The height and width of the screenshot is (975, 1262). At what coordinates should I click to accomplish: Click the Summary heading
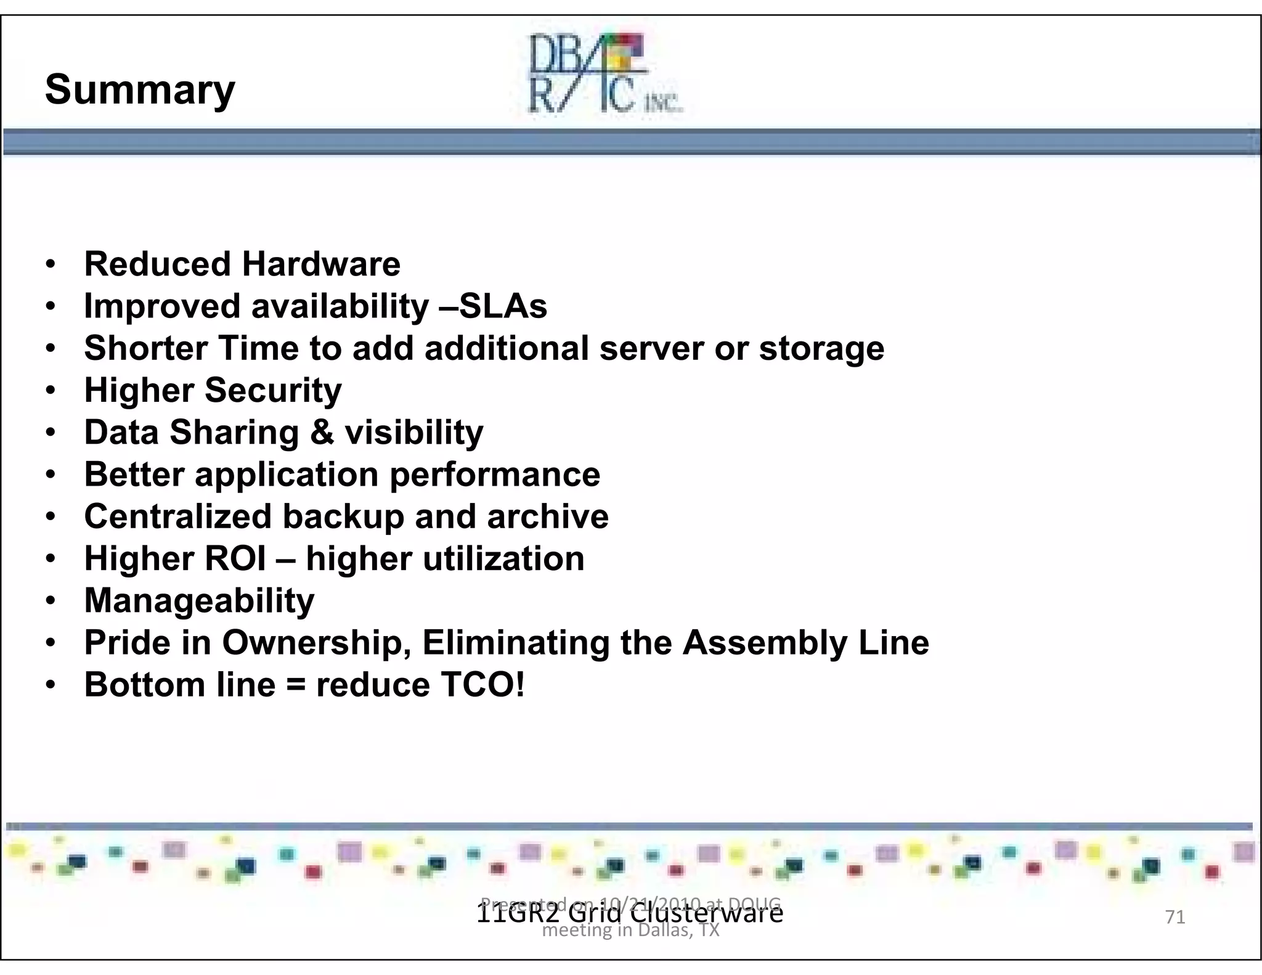pos(140,90)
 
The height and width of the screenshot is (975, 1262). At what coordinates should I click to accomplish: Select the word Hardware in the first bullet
pos(321,264)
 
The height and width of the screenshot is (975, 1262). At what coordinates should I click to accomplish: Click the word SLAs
pos(503,306)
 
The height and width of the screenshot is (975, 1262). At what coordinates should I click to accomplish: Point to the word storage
pos(821,349)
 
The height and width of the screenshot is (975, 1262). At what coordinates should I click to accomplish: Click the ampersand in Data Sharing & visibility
pos(322,432)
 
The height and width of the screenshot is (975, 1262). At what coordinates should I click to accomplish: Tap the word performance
pos(495,475)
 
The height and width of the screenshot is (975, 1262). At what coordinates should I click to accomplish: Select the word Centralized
pos(177,516)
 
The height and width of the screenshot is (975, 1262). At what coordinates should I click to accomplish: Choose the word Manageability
pos(199,601)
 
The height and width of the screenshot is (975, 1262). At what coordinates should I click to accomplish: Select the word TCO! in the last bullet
pos(482,685)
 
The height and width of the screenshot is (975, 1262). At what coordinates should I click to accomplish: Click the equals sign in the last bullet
pos(296,685)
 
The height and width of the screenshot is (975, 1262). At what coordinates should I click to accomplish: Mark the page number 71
pos(1175,917)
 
